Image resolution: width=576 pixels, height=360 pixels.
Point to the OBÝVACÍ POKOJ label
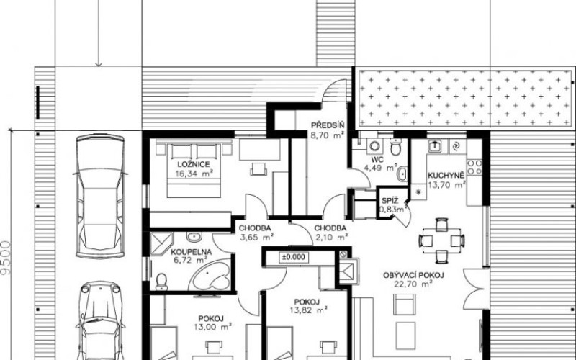[x=413, y=275]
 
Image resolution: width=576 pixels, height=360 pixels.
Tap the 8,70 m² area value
[x=328, y=135]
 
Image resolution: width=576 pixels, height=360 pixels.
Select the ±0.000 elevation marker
[x=294, y=257]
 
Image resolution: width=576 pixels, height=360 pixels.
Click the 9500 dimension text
[x=6, y=258]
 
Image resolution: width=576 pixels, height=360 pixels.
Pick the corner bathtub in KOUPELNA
[x=210, y=276]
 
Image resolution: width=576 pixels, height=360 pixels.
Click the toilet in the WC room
[x=395, y=147]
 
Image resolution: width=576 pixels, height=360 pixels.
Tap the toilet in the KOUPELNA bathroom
[x=161, y=282]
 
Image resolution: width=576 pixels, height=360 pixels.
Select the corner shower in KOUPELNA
[x=161, y=243]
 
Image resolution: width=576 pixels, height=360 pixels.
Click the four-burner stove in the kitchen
[x=474, y=167]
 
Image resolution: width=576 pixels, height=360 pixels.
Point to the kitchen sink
[x=435, y=146]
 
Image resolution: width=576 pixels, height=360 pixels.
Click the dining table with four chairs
[x=442, y=240]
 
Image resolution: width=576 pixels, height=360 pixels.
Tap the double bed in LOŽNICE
[x=194, y=170]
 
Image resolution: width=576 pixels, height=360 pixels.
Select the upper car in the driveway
[x=100, y=196]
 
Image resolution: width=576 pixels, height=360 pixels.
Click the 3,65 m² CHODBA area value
[x=256, y=238]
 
